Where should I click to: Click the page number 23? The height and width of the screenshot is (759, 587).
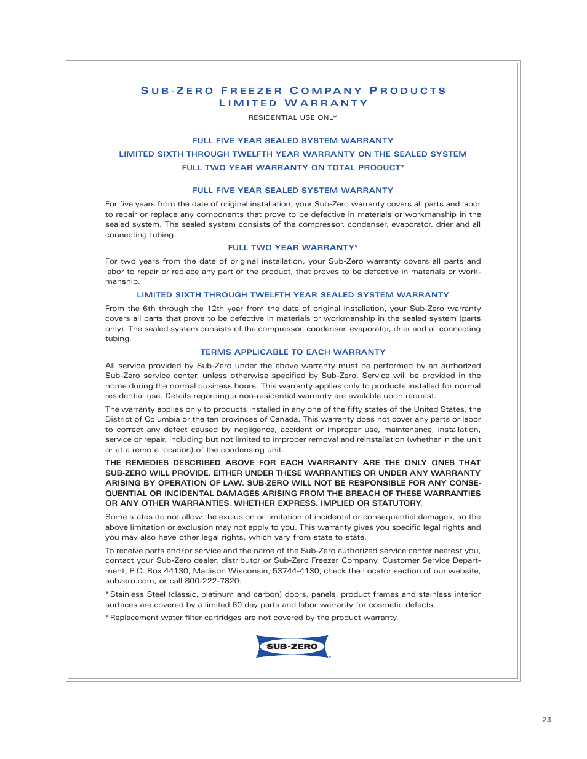tap(546, 719)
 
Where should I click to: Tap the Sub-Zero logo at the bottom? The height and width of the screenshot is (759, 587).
tap(293, 647)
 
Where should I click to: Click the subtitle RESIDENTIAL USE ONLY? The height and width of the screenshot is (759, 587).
tap(293, 117)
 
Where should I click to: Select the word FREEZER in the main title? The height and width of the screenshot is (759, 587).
tap(252, 91)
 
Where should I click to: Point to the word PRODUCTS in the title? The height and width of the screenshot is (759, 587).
tap(408, 91)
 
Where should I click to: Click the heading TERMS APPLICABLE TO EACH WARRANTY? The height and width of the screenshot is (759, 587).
tap(293, 352)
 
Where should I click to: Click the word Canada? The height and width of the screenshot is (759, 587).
tap(284, 419)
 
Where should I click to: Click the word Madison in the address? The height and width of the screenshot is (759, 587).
tap(210, 571)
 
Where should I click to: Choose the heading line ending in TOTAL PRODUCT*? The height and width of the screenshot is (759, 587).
tap(293, 168)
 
